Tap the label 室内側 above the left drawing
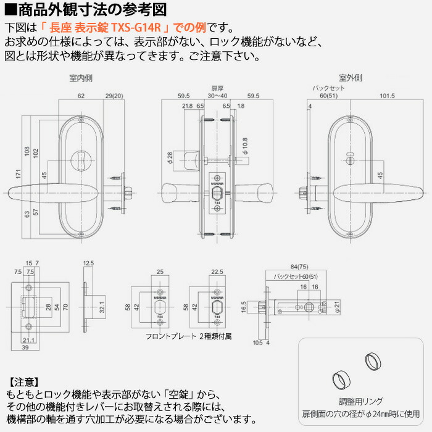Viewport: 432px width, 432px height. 81,78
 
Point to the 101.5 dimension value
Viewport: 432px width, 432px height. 388,96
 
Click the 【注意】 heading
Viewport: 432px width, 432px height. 25,381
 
